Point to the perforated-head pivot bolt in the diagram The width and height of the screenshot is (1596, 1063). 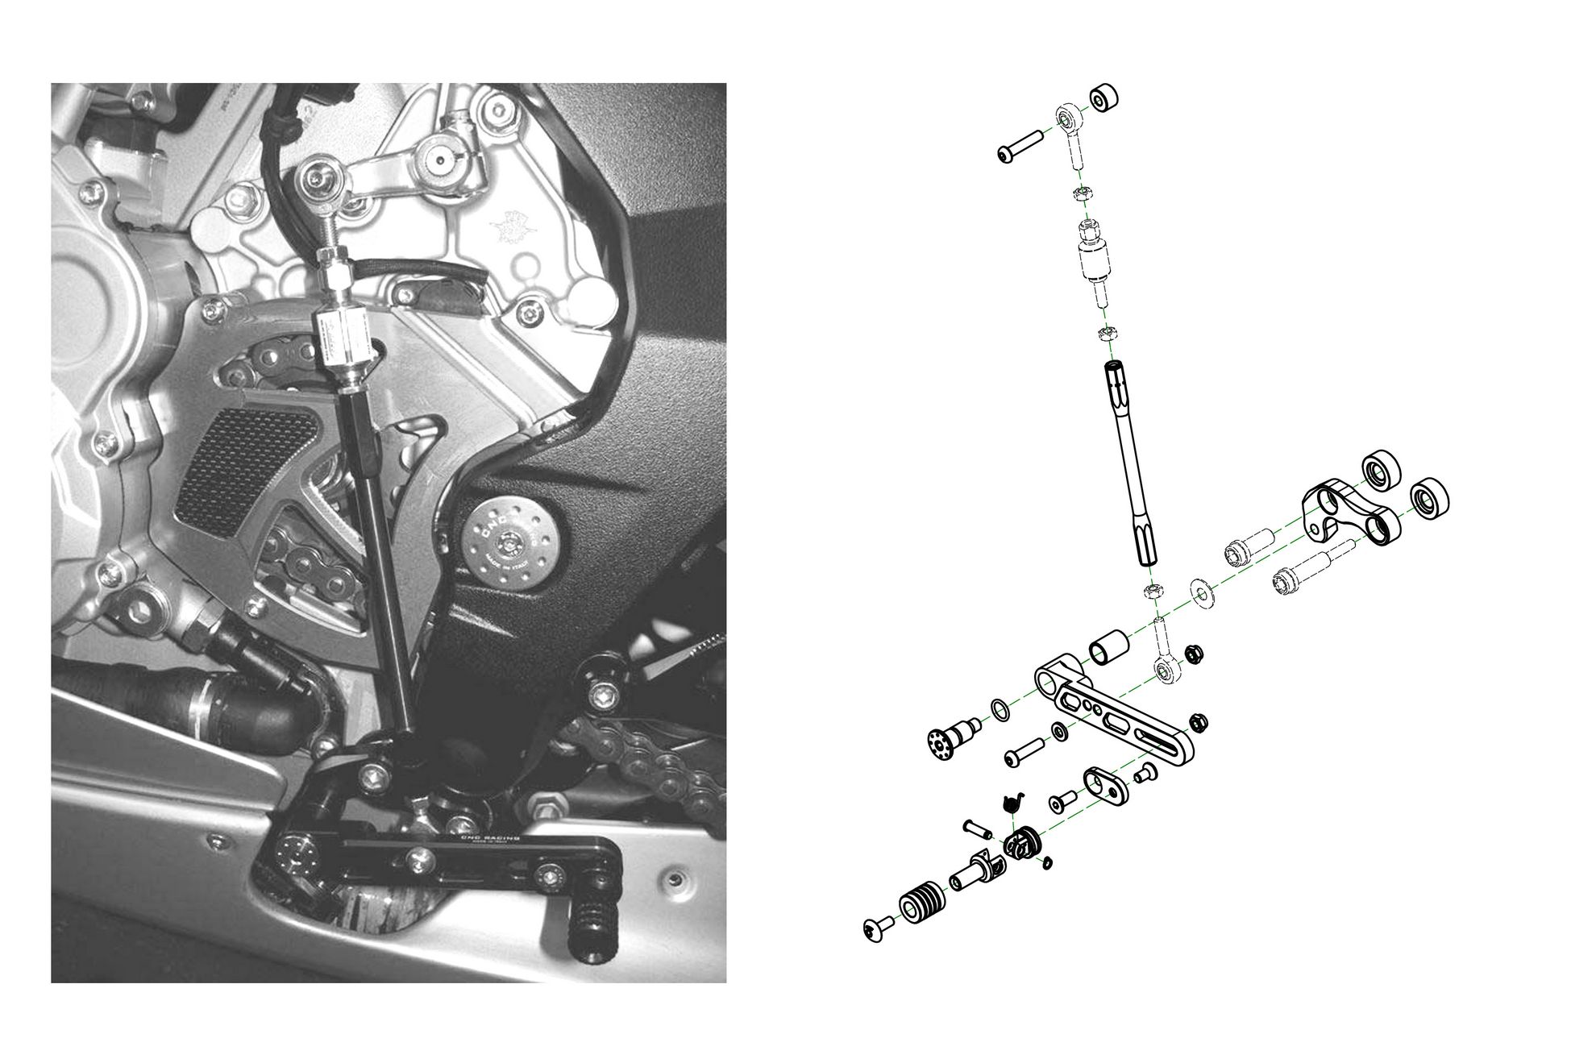point(951,738)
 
